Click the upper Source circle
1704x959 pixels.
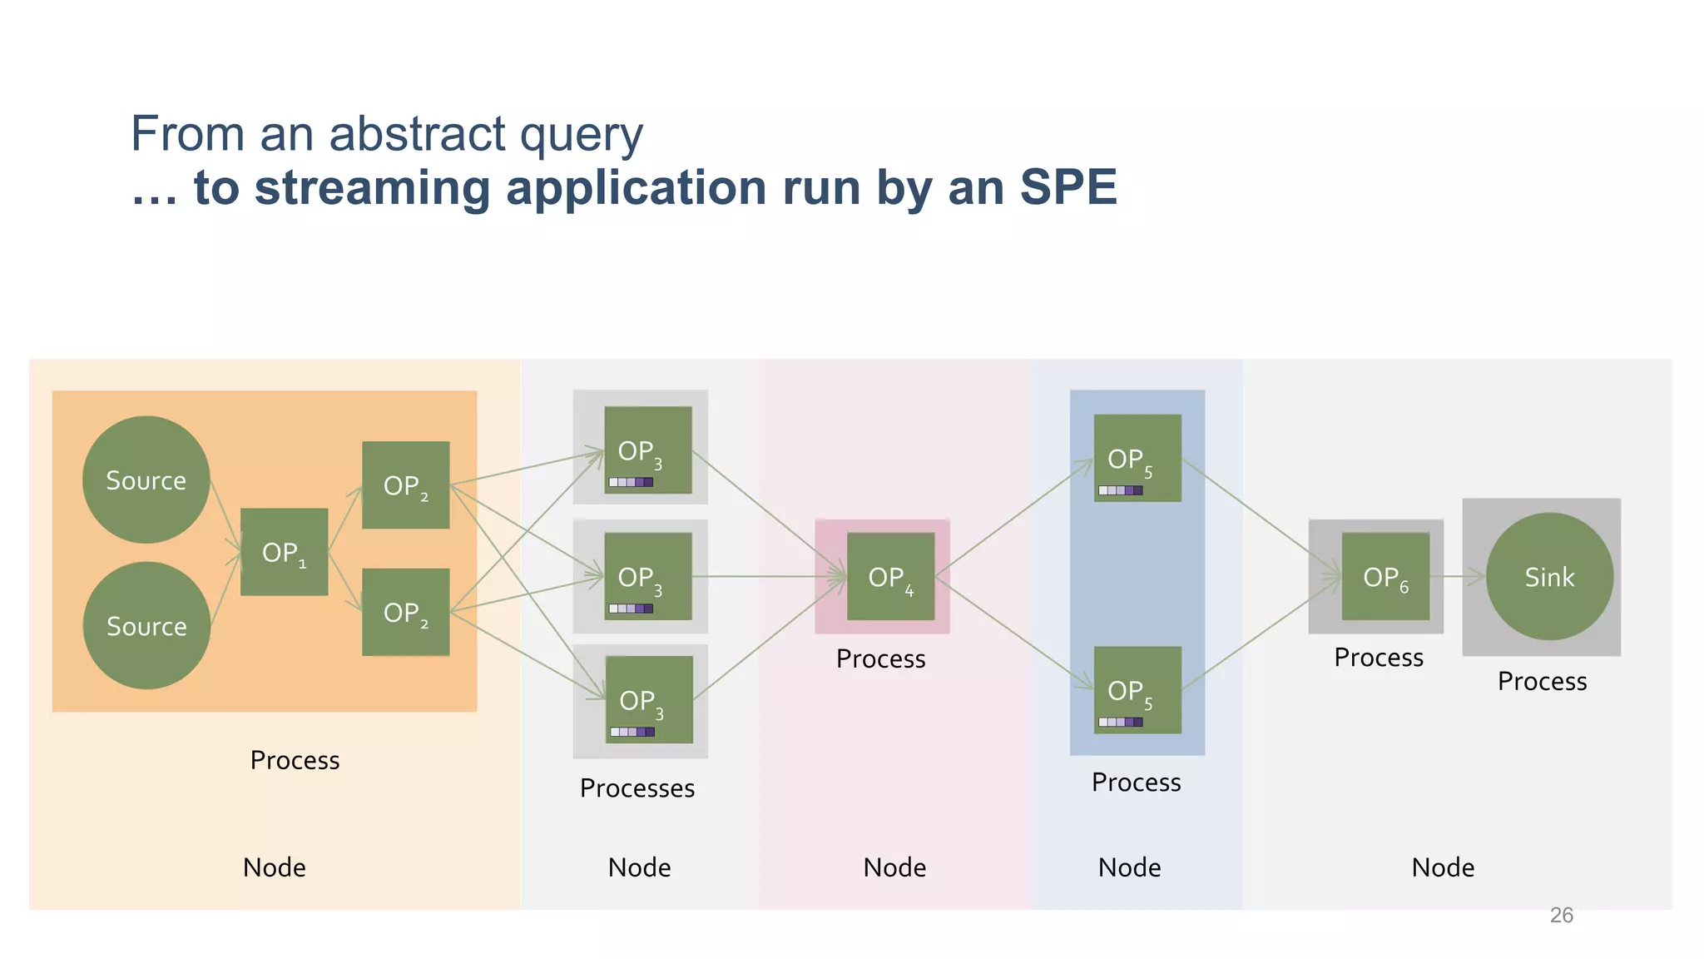point(146,479)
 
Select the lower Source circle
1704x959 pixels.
point(146,625)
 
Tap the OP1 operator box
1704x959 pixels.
point(284,551)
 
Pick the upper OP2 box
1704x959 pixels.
point(405,484)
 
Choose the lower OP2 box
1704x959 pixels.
point(405,612)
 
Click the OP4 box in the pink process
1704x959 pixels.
point(890,576)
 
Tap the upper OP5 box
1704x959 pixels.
point(1137,457)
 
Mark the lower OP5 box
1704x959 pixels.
point(1137,689)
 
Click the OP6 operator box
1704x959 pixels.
point(1385,576)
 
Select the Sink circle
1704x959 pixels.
point(1549,576)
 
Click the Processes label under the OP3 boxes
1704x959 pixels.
point(637,788)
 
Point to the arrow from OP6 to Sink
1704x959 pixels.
point(1463,576)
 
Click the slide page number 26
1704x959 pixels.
point(1561,915)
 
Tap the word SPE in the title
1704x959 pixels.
point(1067,187)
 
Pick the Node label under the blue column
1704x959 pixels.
point(1129,867)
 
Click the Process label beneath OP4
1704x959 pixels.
point(880,658)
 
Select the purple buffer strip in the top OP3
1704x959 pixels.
point(631,482)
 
